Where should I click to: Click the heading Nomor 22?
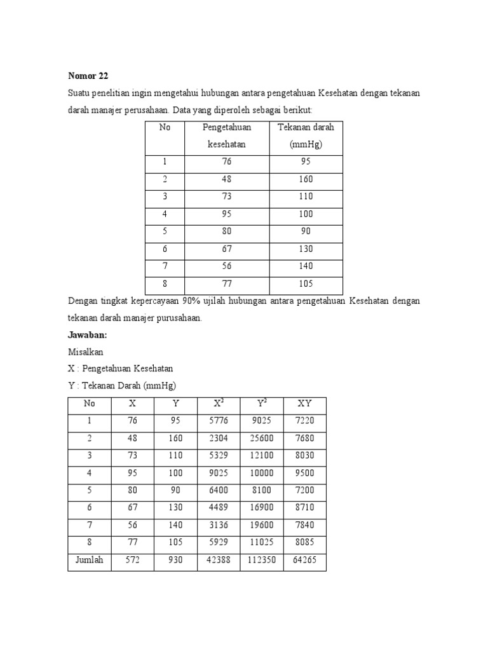pos(88,76)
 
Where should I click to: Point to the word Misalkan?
pos(85,352)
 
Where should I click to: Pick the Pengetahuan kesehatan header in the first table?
pos(227,135)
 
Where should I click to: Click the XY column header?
pos(304,404)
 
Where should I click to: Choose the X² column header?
pos(218,403)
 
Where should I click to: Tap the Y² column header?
pos(261,403)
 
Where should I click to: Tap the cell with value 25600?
pos(261,439)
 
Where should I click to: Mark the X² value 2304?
pos(218,439)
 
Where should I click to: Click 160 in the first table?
pos(306,179)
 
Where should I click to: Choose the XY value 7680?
pos(304,439)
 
